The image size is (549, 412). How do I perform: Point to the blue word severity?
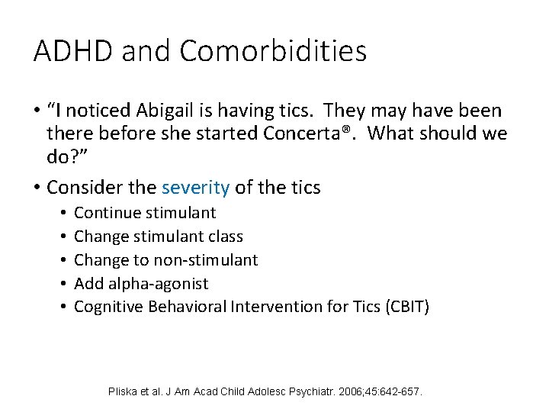[x=194, y=186]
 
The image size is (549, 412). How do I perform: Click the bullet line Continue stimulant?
[x=145, y=213]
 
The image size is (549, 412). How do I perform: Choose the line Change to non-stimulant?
[x=166, y=260]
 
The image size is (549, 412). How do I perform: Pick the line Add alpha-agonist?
[x=141, y=284]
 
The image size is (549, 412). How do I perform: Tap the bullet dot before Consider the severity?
[x=37, y=187]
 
